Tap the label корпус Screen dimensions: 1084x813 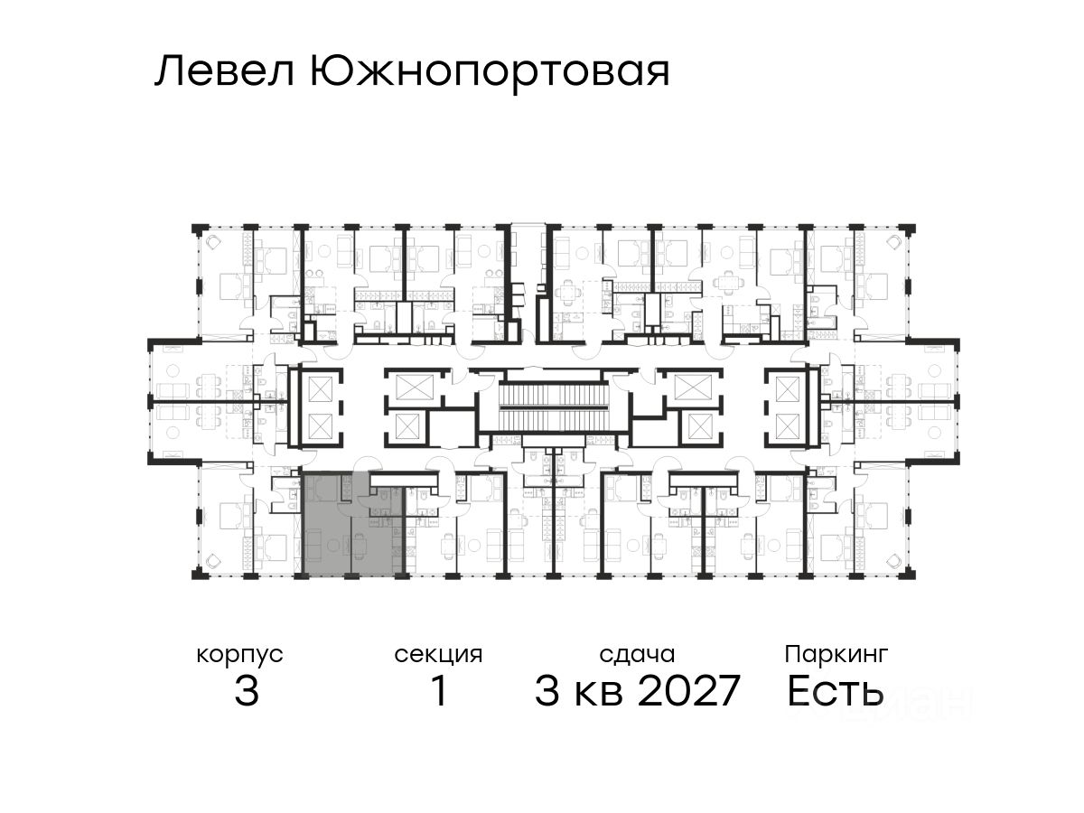240,654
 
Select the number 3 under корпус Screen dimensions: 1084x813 246,692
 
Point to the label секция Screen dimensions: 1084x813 438,654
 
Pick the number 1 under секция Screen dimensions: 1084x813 439,692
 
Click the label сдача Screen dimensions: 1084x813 637,654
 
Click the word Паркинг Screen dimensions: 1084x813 836,653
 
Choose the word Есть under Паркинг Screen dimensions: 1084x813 835,692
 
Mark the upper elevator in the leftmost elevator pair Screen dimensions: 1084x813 321,389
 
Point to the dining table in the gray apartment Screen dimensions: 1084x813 358,543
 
